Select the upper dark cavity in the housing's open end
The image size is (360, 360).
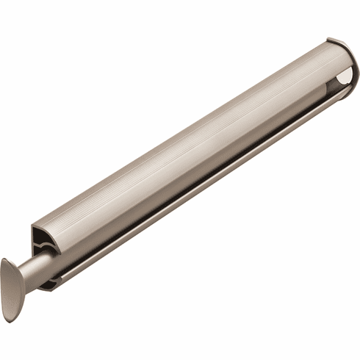[x=40, y=237]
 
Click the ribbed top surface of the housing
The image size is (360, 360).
[x=184, y=132]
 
